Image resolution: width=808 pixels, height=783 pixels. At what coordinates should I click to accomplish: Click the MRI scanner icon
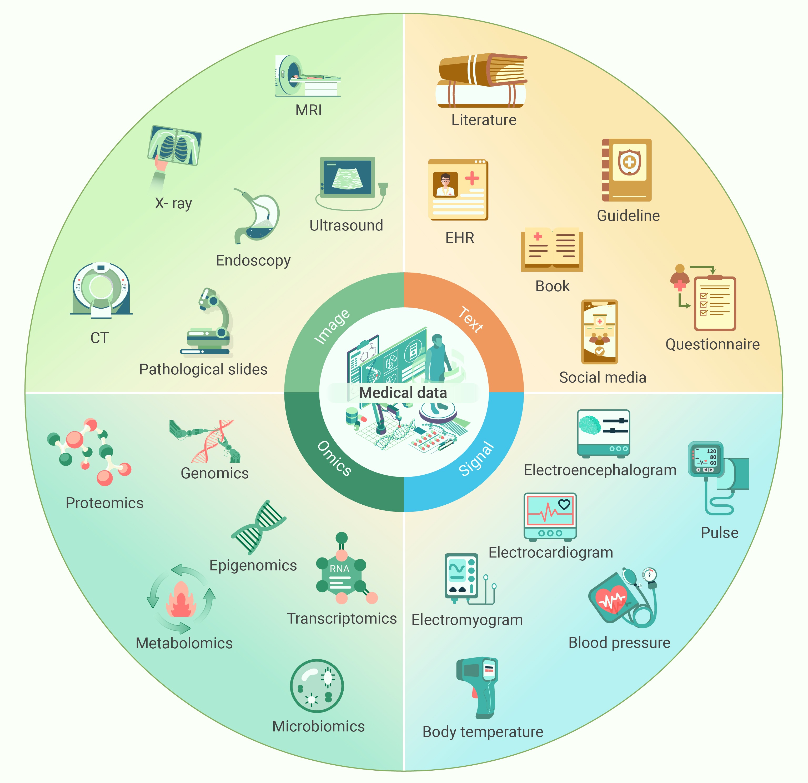coord(308,76)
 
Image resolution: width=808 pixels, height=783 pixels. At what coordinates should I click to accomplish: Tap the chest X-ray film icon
coord(175,145)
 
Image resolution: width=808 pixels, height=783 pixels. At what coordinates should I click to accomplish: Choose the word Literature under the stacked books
coord(484,120)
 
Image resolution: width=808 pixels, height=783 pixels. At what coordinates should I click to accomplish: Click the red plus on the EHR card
coord(472,179)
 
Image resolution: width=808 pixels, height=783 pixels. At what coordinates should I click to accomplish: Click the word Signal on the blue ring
coord(476,459)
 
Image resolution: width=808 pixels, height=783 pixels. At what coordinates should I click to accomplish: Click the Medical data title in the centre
coord(403,393)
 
